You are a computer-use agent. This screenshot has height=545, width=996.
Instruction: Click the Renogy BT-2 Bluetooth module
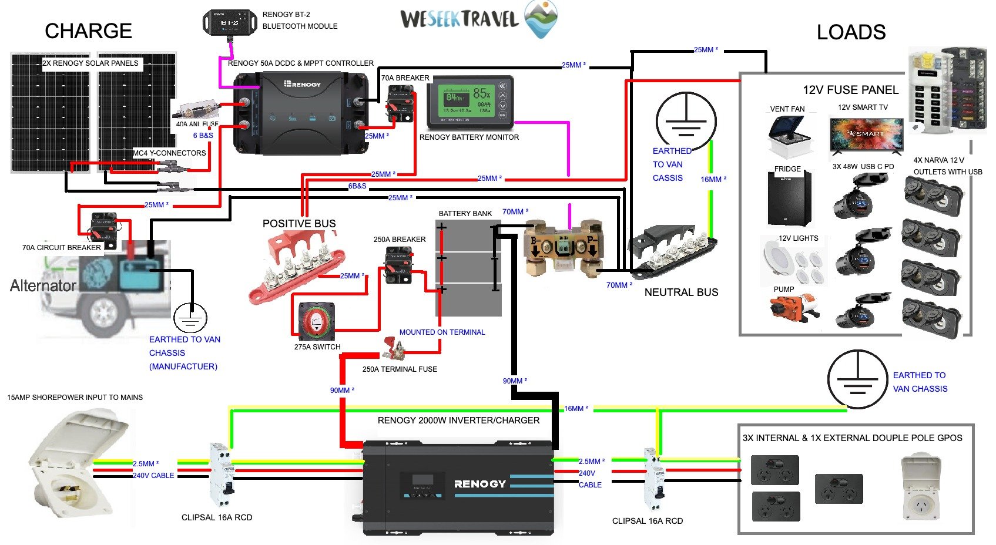pyautogui.click(x=230, y=22)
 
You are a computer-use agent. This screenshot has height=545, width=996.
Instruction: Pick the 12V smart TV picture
pyautogui.click(x=866, y=134)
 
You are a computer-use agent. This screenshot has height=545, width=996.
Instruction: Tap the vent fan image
pyautogui.click(x=790, y=134)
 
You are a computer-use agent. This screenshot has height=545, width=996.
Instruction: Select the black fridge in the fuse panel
pyautogui.click(x=789, y=199)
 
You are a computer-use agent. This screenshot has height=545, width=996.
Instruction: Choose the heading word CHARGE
pyautogui.click(x=88, y=31)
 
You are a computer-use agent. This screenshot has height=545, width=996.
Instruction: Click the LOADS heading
pyautogui.click(x=851, y=32)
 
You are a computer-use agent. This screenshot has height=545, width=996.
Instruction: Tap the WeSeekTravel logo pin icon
pyautogui.click(x=540, y=18)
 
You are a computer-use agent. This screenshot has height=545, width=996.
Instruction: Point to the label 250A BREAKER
pyautogui.click(x=400, y=240)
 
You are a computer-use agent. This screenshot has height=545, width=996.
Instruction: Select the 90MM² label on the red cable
pyautogui.click(x=342, y=390)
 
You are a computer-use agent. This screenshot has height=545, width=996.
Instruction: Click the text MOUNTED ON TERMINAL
pyautogui.click(x=442, y=332)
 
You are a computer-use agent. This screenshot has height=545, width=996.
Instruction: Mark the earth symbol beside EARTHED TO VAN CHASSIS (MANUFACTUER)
pyautogui.click(x=190, y=318)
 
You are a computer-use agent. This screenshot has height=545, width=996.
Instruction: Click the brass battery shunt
pyautogui.click(x=564, y=247)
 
